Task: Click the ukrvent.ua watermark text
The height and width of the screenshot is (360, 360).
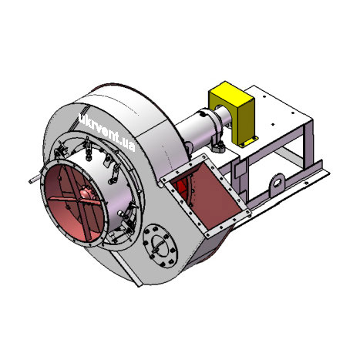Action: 106,131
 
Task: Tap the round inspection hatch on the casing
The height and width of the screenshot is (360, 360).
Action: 160,246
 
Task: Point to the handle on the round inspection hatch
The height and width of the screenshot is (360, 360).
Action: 159,246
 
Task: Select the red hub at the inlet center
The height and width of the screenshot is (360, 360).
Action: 86,194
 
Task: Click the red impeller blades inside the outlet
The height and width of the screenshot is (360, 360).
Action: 182,188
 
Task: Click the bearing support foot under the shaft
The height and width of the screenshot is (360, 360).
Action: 218,146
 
